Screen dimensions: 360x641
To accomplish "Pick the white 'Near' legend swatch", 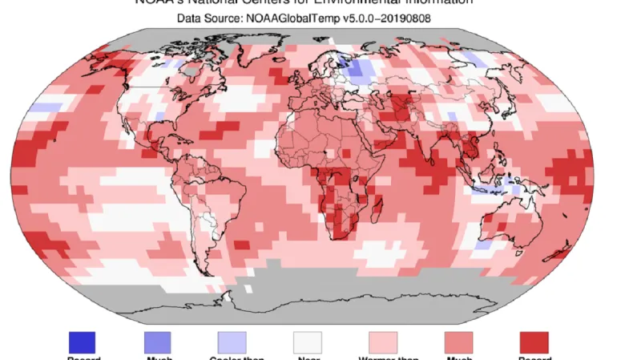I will (x=307, y=342).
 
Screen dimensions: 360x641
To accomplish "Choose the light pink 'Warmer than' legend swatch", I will (x=382, y=342).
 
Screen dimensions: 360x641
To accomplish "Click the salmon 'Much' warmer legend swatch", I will (x=458, y=342).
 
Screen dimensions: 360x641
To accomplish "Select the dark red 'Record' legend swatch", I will (x=534, y=342).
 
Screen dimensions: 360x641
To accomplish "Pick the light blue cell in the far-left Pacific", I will (x=46, y=107).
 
